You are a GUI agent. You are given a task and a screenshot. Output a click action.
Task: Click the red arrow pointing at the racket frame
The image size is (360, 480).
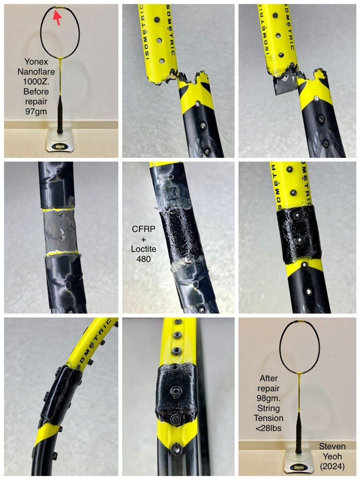(x=57, y=17)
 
